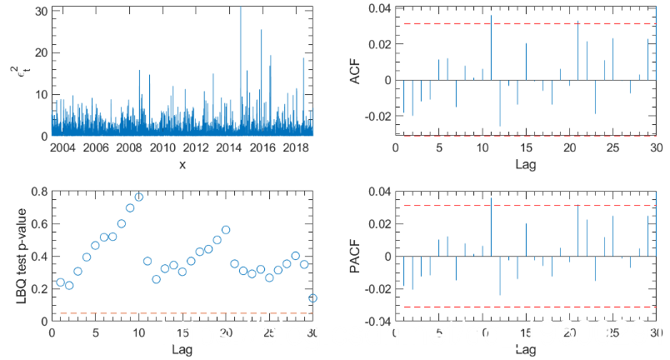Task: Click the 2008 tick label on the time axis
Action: (128, 147)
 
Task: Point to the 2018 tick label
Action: (296, 147)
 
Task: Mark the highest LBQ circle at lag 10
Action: (138, 197)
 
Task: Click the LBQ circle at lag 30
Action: (312, 297)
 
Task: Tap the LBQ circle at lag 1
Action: (60, 282)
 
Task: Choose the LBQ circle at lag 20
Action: (226, 230)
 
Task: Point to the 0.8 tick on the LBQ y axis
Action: (38, 191)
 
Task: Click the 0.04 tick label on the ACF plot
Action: (379, 8)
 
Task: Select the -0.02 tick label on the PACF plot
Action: (377, 288)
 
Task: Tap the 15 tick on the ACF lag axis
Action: (526, 147)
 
